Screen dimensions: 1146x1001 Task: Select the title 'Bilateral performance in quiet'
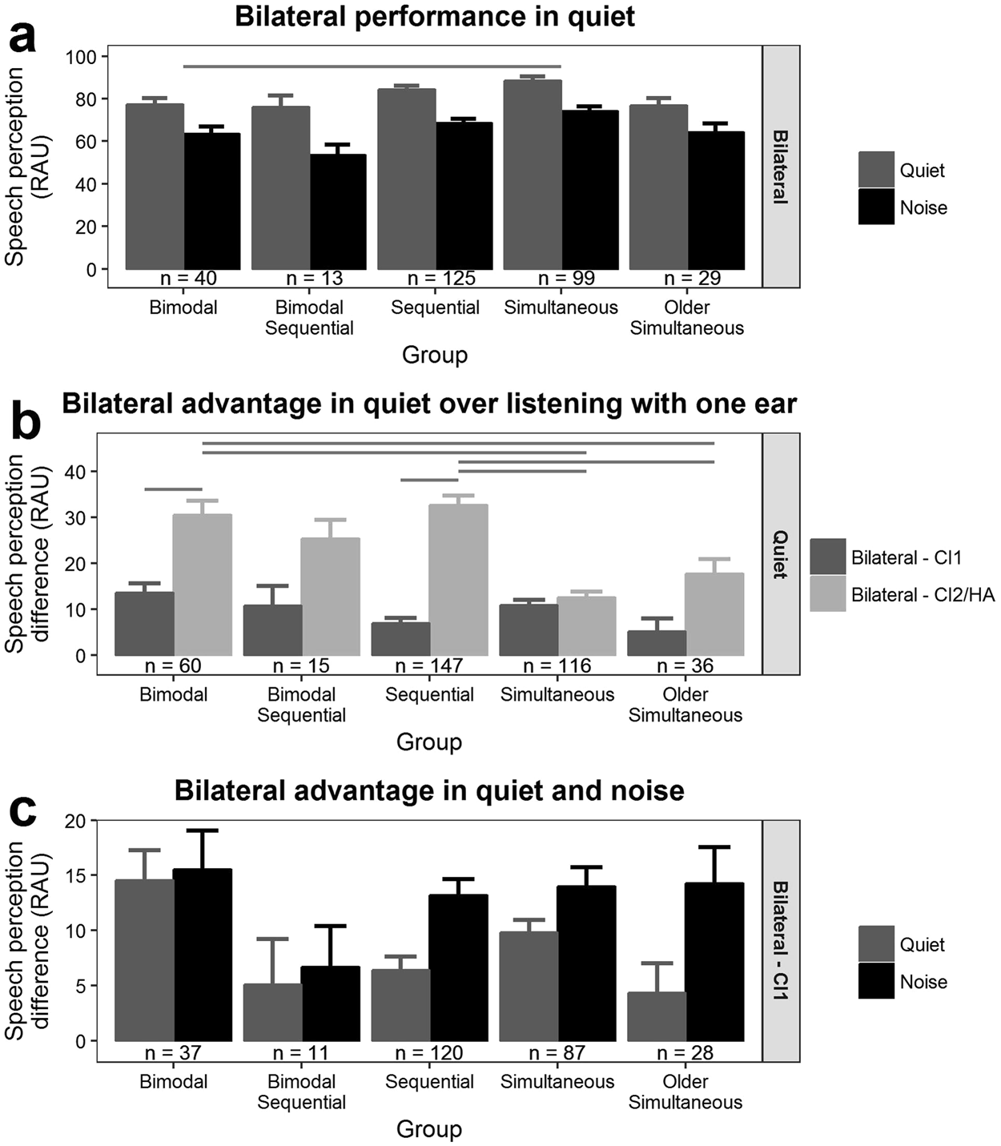click(x=435, y=17)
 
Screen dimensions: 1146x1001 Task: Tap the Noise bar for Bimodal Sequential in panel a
click(x=338, y=211)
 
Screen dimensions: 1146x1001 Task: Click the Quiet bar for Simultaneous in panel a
click(x=533, y=175)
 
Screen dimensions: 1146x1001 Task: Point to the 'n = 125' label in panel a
click(x=441, y=279)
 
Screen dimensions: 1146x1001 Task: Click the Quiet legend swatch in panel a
click(x=876, y=170)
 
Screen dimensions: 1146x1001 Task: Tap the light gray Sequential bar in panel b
click(x=459, y=580)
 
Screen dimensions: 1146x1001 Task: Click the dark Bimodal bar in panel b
click(x=145, y=623)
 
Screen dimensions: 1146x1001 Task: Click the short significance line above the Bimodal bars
click(x=174, y=489)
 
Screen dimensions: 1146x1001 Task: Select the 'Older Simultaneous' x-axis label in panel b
click(x=685, y=704)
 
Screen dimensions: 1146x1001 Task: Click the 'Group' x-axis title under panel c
click(x=429, y=1129)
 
